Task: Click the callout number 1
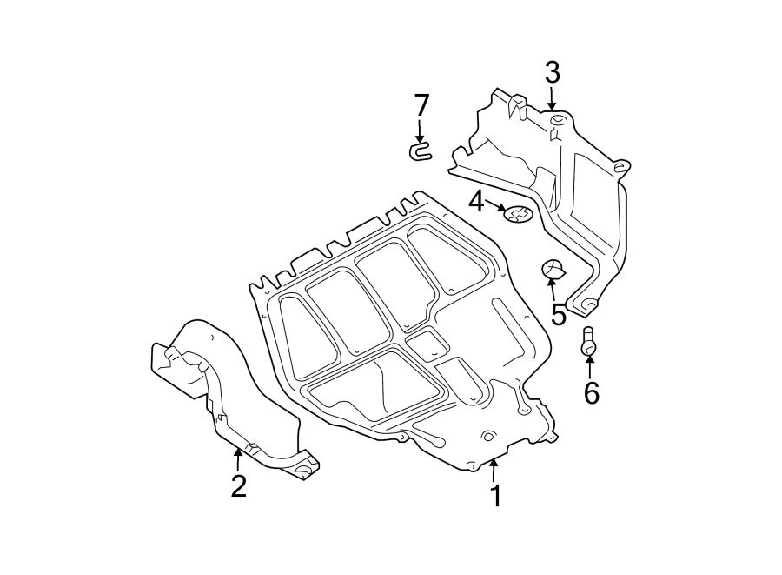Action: click(x=494, y=496)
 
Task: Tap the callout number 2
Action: click(x=238, y=485)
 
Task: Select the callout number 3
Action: click(x=553, y=72)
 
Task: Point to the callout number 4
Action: click(x=476, y=203)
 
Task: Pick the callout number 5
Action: click(x=558, y=315)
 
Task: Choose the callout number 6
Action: click(x=591, y=393)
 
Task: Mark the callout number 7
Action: click(x=421, y=105)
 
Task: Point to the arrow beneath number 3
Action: click(x=553, y=98)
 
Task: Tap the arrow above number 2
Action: click(x=237, y=458)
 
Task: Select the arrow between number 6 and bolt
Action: click(x=590, y=366)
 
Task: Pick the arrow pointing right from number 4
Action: click(x=497, y=207)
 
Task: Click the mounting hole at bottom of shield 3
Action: click(x=588, y=304)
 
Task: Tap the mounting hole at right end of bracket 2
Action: click(x=302, y=470)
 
